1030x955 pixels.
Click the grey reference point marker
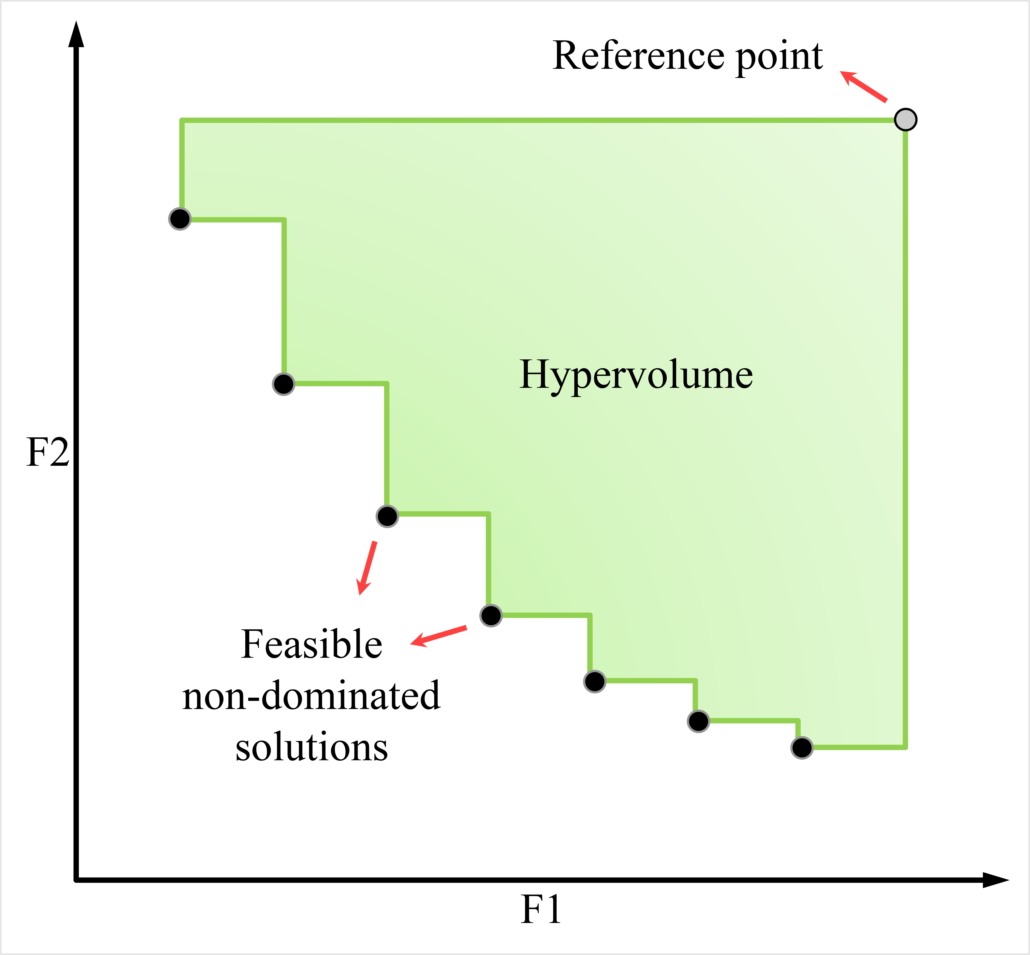coord(906,119)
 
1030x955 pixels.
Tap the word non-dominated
coord(311,696)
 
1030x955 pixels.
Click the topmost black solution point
coord(180,219)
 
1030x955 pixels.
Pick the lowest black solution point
coord(802,748)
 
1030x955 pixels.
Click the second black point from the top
coord(284,384)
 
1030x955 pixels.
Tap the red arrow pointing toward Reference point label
coord(863,86)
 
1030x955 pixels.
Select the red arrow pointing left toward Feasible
coord(439,636)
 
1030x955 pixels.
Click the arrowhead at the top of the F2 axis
coord(76,34)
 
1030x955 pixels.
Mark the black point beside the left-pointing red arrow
coord(491,615)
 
